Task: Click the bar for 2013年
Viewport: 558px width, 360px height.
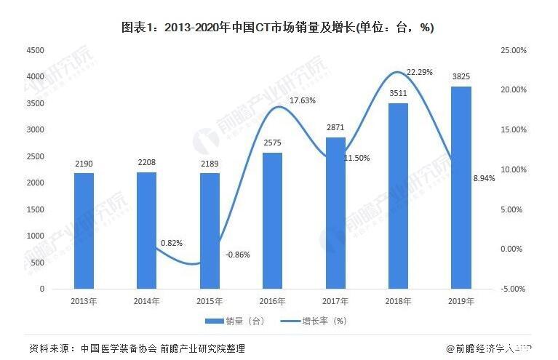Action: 84,231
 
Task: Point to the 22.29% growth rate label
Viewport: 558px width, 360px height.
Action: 419,72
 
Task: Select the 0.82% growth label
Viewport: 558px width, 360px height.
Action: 172,241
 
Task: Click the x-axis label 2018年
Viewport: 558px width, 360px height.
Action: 398,300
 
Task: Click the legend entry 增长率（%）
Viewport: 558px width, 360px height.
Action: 323,321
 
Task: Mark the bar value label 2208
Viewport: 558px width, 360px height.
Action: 146,164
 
